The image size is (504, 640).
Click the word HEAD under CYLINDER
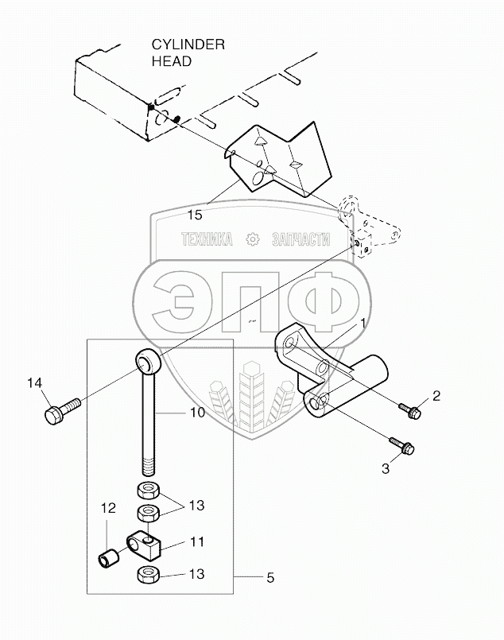point(172,60)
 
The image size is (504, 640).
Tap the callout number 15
point(195,215)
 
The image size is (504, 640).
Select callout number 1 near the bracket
point(362,324)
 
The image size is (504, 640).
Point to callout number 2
point(435,395)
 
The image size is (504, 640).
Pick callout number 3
point(386,469)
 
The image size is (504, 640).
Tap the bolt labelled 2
point(410,409)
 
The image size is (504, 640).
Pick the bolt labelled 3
point(401,446)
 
